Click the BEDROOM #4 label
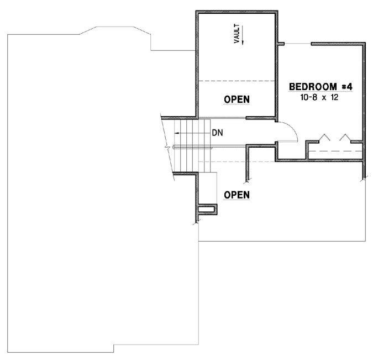[321, 86]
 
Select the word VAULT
[237, 34]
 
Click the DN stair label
[217, 133]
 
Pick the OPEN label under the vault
[237, 100]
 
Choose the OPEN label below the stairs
[237, 195]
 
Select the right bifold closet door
[346, 138]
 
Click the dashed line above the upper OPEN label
[237, 81]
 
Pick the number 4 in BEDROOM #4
[349, 86]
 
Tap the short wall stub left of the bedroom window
[281, 43]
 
